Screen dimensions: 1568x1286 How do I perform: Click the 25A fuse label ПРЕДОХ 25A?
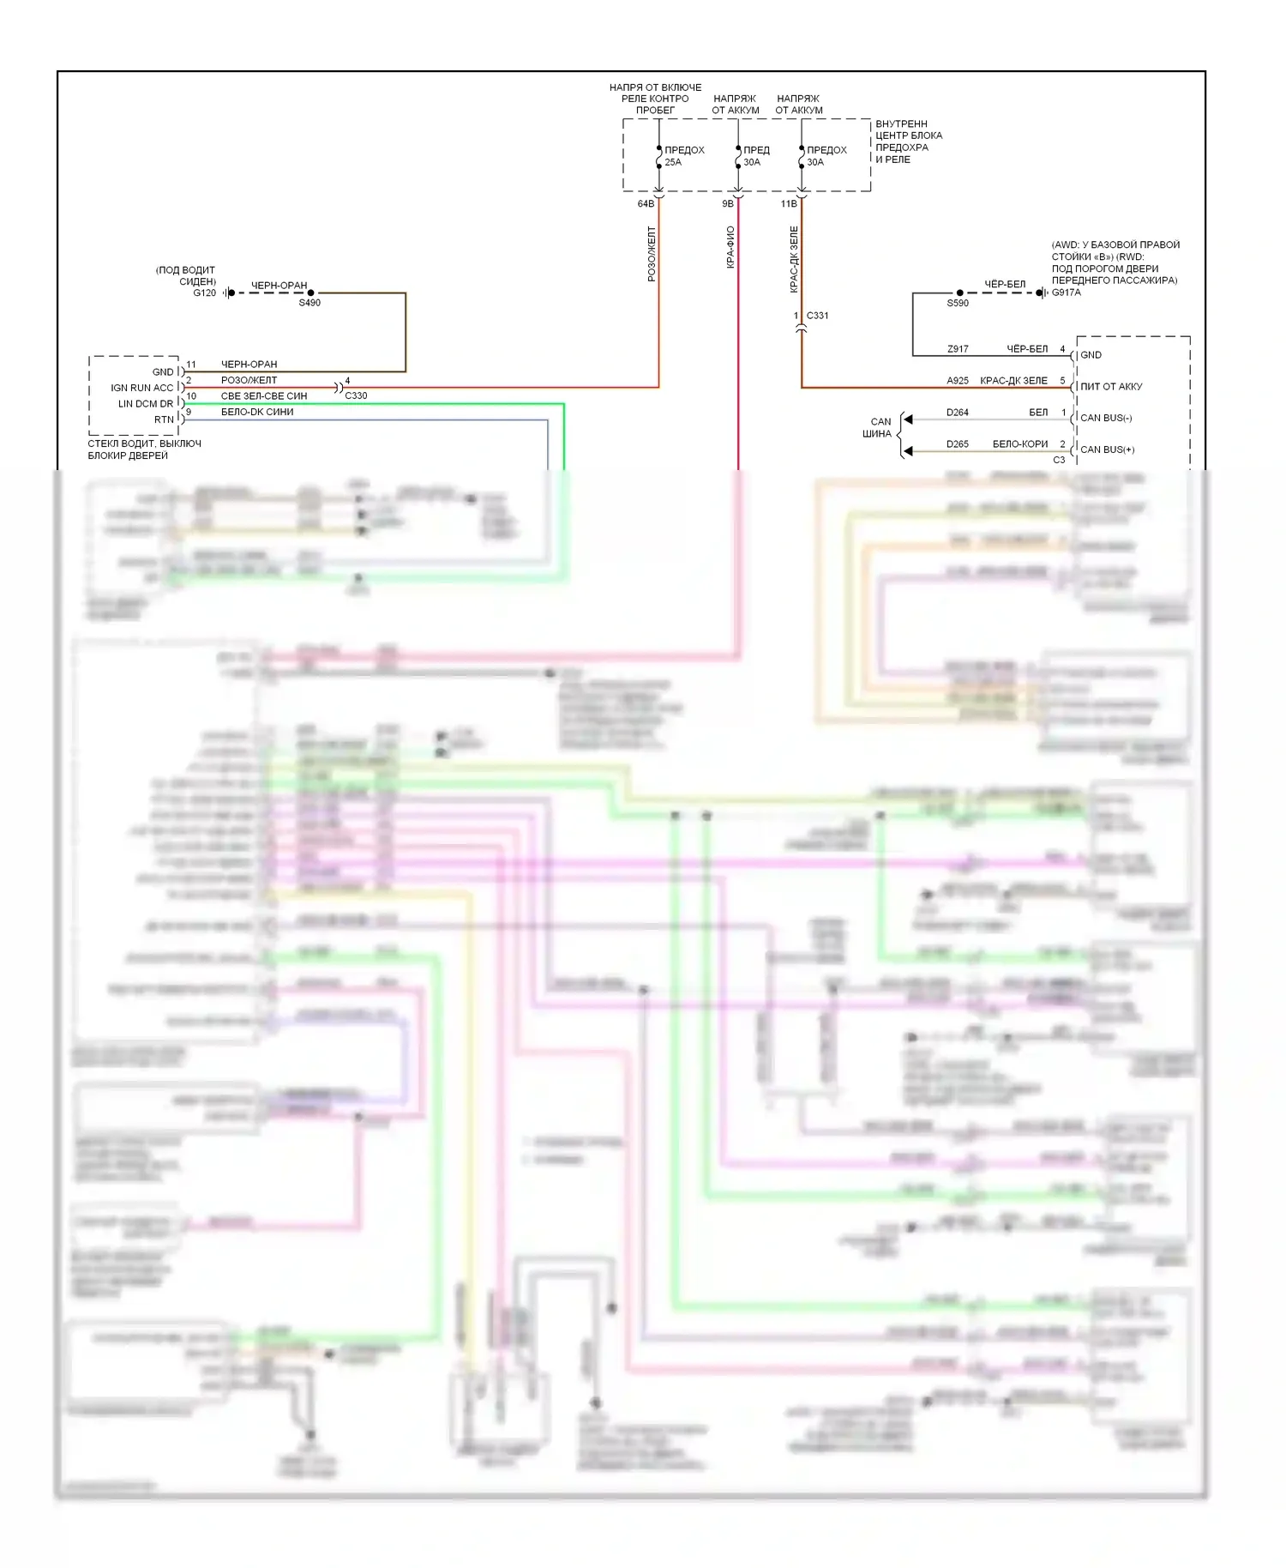[x=684, y=156]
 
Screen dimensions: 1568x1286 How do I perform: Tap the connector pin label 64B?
[x=646, y=204]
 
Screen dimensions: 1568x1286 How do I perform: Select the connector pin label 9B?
[x=728, y=204]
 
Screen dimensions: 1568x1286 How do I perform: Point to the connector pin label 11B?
[x=789, y=204]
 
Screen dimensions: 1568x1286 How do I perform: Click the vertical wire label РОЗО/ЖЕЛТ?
[x=652, y=254]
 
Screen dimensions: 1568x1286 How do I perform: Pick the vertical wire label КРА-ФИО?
[x=730, y=247]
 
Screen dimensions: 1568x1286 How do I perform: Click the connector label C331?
[x=817, y=316]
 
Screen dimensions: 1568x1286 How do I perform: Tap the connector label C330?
[x=356, y=395]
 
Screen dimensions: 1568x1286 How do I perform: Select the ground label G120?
[x=205, y=293]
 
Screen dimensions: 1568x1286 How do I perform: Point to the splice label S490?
[x=309, y=303]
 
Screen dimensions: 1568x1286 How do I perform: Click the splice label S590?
[x=958, y=303]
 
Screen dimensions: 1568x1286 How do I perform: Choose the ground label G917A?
[x=1067, y=292]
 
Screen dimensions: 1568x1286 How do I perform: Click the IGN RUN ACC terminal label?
[x=142, y=388]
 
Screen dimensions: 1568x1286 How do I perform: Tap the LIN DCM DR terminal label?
[x=146, y=404]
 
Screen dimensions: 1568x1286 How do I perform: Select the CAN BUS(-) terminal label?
[x=1106, y=418]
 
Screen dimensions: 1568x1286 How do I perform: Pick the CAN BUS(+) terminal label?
[x=1107, y=449]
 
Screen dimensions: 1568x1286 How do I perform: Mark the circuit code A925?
[x=958, y=381]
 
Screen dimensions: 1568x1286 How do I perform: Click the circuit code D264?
[x=958, y=413]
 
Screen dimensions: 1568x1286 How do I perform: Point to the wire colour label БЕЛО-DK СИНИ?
[x=257, y=412]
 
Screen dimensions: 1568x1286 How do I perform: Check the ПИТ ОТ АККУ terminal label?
[x=1111, y=387]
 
